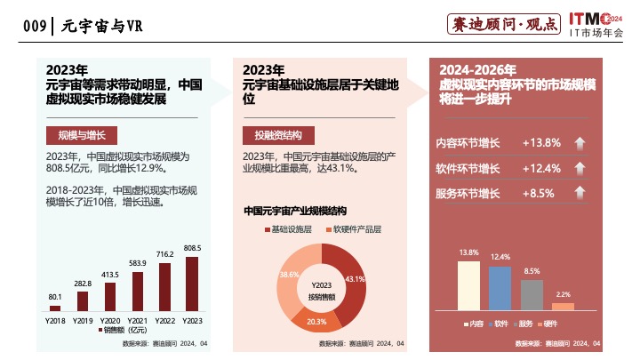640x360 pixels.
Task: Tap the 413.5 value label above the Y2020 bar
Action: tap(110, 275)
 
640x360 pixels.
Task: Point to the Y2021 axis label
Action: tap(138, 320)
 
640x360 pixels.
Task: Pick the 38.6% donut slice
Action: tap(291, 280)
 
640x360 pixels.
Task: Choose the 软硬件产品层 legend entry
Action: tap(356, 229)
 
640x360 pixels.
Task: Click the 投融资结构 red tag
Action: tap(278, 135)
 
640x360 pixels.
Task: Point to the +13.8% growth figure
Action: tap(541, 143)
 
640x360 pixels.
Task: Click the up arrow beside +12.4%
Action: tap(579, 168)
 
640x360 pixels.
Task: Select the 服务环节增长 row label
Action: tap(468, 193)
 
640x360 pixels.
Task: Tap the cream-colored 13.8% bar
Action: tap(469, 284)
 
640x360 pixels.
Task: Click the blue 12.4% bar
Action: tap(500, 287)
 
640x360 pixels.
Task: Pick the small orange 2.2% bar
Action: tap(563, 306)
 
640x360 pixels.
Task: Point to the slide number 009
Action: tap(34, 26)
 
